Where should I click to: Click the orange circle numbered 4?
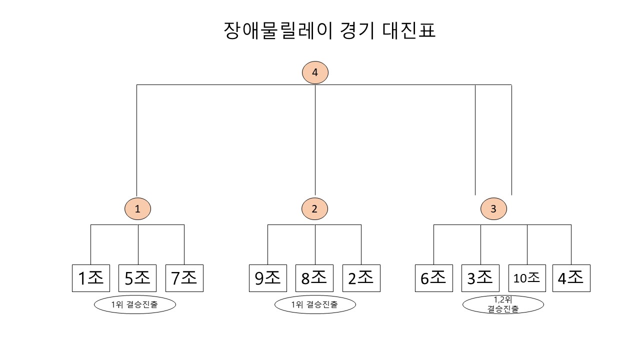tap(315, 73)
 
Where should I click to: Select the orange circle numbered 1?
tap(137, 209)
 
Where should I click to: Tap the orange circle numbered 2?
tap(315, 209)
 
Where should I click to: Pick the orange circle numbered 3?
tap(493, 209)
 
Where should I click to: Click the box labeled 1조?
tap(91, 278)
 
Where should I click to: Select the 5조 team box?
tap(137, 278)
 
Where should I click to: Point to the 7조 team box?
tap(184, 278)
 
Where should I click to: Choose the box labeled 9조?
tap(268, 278)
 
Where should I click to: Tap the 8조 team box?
tap(314, 278)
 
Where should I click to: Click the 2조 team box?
tap(361, 278)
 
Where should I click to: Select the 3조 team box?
tap(480, 278)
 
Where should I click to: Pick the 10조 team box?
tap(527, 278)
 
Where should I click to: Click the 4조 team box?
tap(571, 278)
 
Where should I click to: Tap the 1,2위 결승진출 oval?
tap(503, 304)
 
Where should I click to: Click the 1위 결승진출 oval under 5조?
tap(135, 304)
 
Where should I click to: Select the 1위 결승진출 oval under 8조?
tap(315, 304)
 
